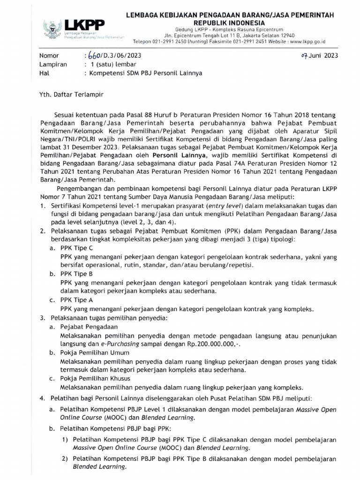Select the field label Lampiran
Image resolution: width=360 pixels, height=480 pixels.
[53, 65]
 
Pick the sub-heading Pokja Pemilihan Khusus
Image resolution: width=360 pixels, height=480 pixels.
[93, 378]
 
